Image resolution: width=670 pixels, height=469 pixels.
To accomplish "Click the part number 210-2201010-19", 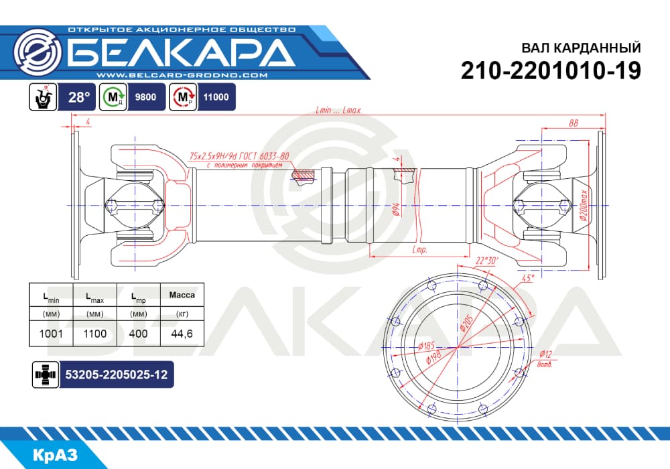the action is tap(551, 71).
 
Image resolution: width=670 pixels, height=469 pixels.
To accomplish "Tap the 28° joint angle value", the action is tap(80, 97).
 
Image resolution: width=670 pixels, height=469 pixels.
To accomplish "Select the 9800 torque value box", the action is tap(145, 97).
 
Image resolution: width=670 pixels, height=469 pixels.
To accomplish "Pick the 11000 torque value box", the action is tap(216, 97).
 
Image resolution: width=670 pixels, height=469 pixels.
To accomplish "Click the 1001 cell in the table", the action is tap(51, 334).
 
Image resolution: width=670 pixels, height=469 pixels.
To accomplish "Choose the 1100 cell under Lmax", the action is tap(95, 334).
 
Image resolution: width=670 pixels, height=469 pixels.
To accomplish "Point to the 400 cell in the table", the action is tap(138, 334).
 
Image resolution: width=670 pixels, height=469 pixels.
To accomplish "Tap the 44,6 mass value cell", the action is tap(182, 334).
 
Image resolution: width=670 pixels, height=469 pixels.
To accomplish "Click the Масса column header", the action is tap(182, 295).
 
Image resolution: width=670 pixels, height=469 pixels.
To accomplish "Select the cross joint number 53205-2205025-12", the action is tap(116, 375).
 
